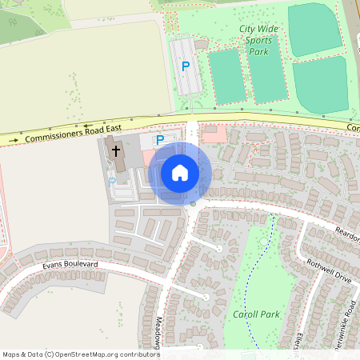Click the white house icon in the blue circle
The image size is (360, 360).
pos(180,172)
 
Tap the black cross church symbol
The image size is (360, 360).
pos(116,150)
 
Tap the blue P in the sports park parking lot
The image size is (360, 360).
pos(186,66)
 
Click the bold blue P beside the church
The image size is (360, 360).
pos(159,140)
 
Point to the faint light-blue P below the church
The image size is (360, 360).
pos(112,182)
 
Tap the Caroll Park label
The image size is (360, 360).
pos(256,314)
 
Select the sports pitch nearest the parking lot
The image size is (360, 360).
pos(227,75)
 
